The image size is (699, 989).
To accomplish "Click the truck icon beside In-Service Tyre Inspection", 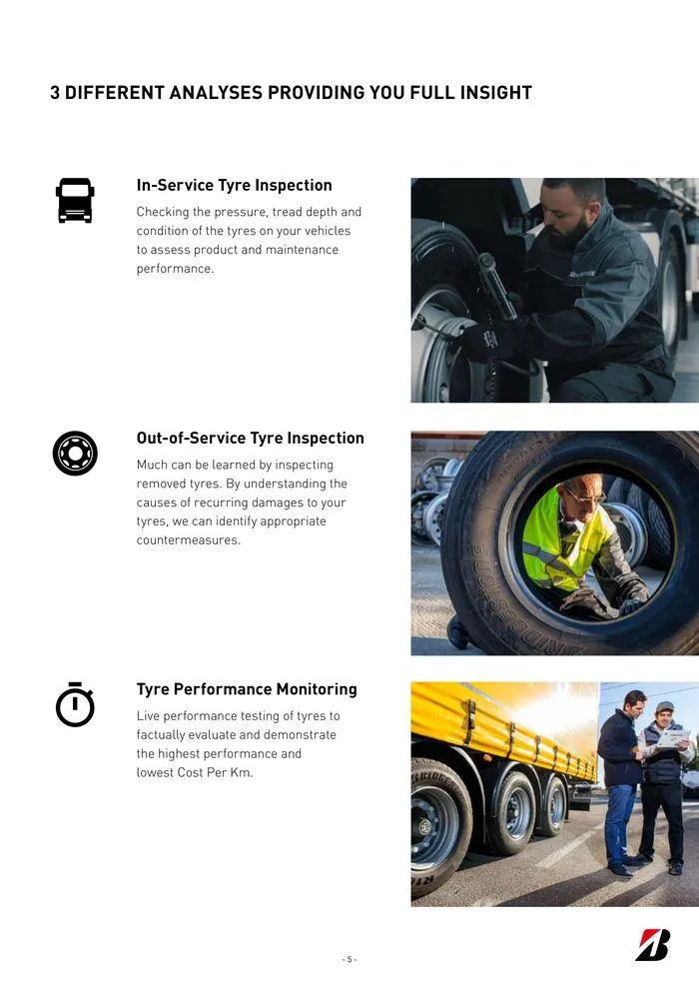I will (x=75, y=200).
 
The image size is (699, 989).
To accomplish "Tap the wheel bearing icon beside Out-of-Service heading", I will (x=75, y=454).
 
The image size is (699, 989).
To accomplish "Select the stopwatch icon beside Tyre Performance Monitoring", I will (x=75, y=704).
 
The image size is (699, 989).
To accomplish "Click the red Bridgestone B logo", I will (x=653, y=945).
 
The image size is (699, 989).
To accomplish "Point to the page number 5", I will (x=349, y=959).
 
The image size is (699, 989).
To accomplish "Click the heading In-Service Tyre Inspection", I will (x=234, y=186).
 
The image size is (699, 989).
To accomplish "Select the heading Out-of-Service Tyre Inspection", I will (x=250, y=439).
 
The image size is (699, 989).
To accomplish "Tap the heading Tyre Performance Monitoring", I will (x=246, y=689).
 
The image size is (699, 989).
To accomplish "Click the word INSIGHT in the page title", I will (x=495, y=93).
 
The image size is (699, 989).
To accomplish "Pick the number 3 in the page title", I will (x=55, y=93).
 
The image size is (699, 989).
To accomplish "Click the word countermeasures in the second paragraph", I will (x=188, y=540).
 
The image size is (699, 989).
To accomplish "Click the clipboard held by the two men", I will (x=674, y=737).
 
